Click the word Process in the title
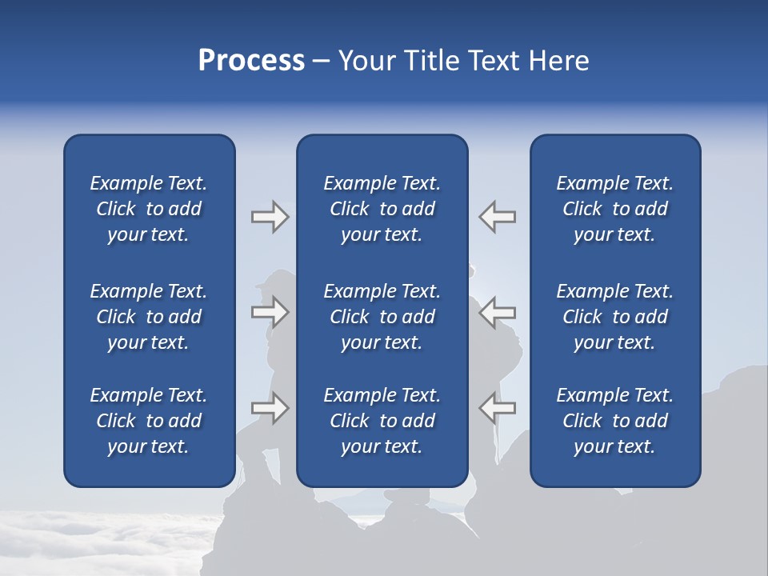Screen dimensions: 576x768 [x=251, y=61]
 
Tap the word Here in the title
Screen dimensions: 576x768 [x=558, y=61]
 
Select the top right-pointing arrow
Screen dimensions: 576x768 [x=270, y=217]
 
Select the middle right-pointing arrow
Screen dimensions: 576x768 [x=270, y=311]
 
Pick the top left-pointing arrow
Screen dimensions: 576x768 [x=498, y=217]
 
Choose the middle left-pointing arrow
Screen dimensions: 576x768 [x=498, y=311]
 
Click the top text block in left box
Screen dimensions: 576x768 [x=149, y=209]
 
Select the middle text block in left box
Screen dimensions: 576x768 [x=149, y=317]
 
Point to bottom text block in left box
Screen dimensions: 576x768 [x=149, y=421]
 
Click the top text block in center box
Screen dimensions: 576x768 [x=382, y=209]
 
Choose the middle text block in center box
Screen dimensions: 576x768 [x=382, y=317]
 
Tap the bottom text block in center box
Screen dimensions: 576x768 [x=382, y=421]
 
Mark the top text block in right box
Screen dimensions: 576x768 [x=615, y=209]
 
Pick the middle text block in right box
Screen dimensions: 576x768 [x=615, y=317]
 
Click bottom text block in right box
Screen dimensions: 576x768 [x=615, y=421]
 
